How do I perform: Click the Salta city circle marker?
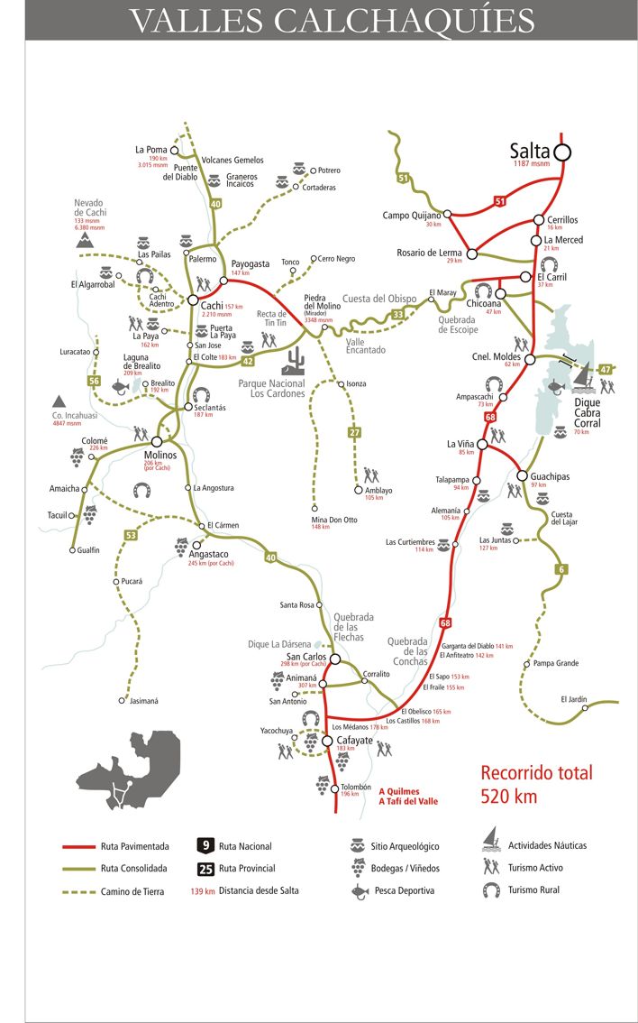point(563,152)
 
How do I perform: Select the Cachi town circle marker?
point(193,300)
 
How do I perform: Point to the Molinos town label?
point(160,456)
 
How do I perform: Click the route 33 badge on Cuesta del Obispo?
point(397,314)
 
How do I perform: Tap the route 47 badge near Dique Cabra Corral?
point(606,368)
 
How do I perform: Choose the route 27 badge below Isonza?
point(354,433)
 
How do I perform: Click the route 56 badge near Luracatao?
point(94,381)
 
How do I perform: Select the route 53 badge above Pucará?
point(132,536)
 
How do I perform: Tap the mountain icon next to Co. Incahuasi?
point(59,400)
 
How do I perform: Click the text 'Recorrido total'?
point(535,773)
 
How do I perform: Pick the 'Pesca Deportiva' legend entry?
point(404,890)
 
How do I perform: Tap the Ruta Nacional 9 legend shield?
point(205,846)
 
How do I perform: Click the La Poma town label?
point(151,150)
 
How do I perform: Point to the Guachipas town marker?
point(522,476)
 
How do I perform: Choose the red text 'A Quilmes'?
point(399,791)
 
